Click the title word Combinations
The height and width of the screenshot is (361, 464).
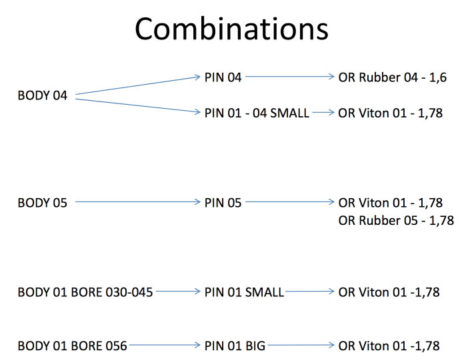coord(232,29)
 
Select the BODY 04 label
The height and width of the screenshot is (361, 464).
coord(42,95)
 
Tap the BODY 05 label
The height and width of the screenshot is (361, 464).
coord(42,203)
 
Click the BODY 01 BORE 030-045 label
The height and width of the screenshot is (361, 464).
coord(85,292)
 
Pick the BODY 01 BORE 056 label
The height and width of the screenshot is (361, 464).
coord(72,346)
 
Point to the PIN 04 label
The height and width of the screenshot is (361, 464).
coord(223,77)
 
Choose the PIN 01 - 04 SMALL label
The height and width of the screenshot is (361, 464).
coord(257,113)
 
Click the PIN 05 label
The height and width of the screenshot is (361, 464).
coord(223,203)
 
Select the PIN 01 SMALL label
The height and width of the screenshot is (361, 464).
coord(244,292)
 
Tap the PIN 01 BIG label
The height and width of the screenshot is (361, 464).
coord(235,346)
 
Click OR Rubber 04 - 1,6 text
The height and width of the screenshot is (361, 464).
coord(393,77)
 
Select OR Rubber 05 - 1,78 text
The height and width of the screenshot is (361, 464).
coord(396,221)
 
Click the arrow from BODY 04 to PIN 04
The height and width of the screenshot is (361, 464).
coord(138,85)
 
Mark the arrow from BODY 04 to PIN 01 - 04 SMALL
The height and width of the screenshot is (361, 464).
coord(138,105)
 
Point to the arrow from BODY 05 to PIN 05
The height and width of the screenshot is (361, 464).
coord(138,202)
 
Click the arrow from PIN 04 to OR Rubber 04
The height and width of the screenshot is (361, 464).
coord(290,77)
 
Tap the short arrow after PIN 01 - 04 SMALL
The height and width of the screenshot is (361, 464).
coord(323,113)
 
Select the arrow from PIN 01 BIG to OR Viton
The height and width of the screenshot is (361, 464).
coord(301,345)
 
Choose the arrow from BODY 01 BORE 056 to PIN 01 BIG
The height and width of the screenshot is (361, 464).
coord(165,345)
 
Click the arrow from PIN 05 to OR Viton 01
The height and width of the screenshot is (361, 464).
coord(290,202)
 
